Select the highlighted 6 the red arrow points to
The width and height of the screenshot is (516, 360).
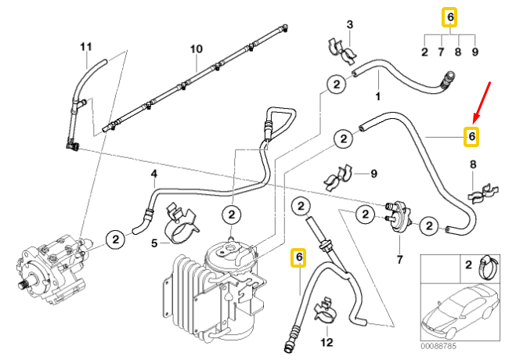[x=471, y=136]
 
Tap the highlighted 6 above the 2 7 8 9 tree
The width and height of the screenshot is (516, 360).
[x=449, y=17]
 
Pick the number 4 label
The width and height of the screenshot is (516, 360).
[x=154, y=173]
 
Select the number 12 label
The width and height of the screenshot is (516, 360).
[x=327, y=342]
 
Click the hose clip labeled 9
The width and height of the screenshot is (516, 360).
[x=341, y=175]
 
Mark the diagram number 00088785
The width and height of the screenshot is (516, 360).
[x=438, y=345]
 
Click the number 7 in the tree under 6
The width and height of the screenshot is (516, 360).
[x=442, y=53]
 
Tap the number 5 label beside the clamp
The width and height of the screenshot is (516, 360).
[x=154, y=243]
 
